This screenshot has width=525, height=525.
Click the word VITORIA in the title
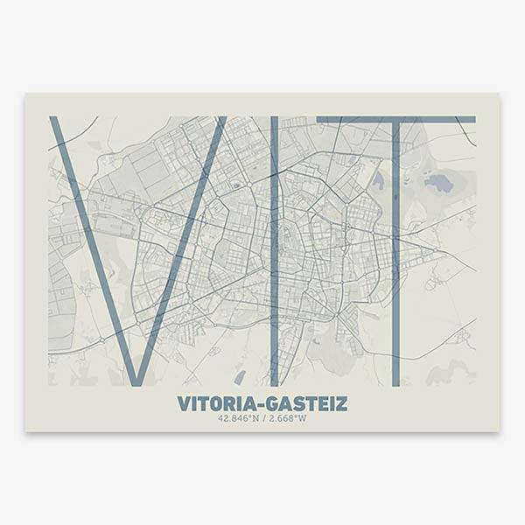pyautogui.click(x=213, y=403)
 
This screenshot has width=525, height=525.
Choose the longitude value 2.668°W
pyautogui.click(x=289, y=418)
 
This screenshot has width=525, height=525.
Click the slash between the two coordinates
pyautogui.click(x=263, y=418)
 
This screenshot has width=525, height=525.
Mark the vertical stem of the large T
pyautogui.click(x=395, y=262)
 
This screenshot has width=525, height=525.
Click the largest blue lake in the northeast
pyautogui.click(x=437, y=184)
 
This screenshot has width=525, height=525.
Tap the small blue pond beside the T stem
pyautogui.click(x=378, y=181)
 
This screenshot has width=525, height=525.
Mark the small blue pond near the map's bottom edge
pyautogui.click(x=240, y=377)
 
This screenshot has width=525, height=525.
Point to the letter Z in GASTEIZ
pyautogui.click(x=341, y=403)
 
